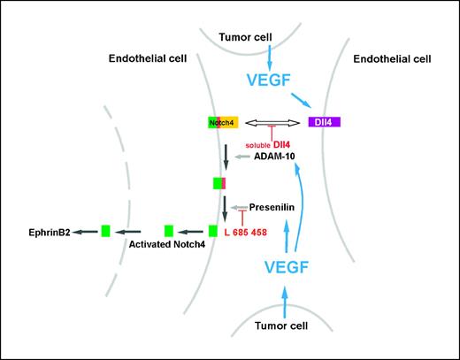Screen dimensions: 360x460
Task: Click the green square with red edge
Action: (x=220, y=182)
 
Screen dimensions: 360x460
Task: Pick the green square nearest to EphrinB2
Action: (x=104, y=231)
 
